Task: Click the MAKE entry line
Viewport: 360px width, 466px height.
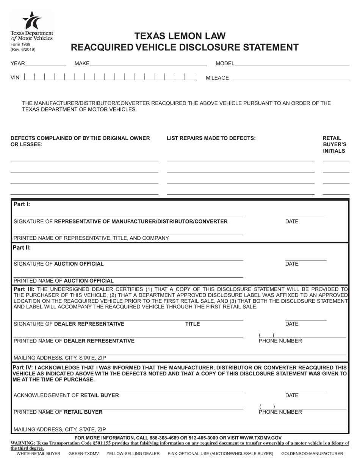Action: (x=148, y=64)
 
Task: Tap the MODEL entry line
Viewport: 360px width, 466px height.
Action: (x=292, y=64)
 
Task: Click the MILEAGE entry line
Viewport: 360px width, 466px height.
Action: (x=290, y=78)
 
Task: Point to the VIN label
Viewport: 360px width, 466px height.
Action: (x=15, y=78)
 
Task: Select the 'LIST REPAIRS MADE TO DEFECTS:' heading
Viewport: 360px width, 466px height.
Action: (x=211, y=138)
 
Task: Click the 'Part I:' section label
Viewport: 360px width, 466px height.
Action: (x=22, y=204)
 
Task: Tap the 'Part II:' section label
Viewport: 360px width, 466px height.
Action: (x=22, y=248)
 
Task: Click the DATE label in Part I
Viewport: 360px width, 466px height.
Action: (x=292, y=222)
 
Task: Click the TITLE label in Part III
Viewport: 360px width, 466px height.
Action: (x=192, y=324)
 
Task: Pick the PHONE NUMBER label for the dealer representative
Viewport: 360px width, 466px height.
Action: (x=280, y=341)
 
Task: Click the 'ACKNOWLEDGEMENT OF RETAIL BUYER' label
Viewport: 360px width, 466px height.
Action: (x=66, y=396)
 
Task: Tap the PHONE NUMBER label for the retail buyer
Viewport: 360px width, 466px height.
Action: (x=280, y=412)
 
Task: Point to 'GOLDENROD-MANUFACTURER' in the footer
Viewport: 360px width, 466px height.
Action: (x=312, y=453)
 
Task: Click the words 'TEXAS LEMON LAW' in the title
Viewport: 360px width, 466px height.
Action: (x=180, y=36)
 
